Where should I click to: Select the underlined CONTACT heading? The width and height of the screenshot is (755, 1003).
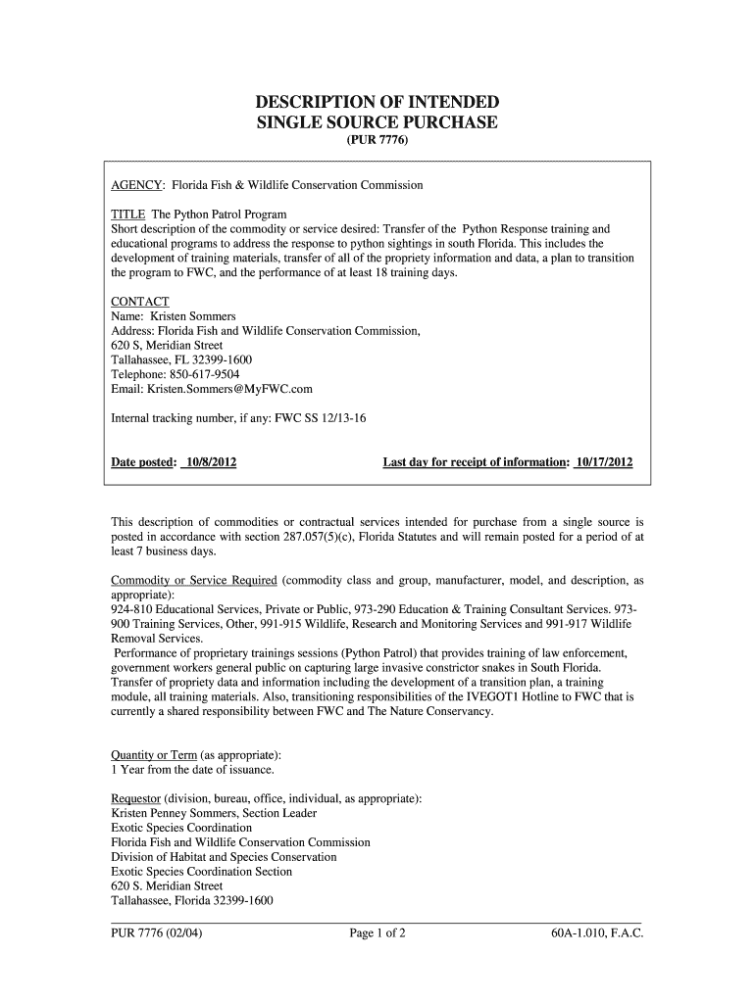pyautogui.click(x=140, y=302)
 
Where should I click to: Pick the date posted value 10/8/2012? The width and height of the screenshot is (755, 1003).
pyautogui.click(x=208, y=461)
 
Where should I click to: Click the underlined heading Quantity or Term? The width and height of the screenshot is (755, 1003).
pyautogui.click(x=154, y=755)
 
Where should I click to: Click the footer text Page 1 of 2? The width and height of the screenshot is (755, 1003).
pyautogui.click(x=377, y=933)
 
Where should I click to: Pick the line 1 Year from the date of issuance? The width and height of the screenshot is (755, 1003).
pyautogui.click(x=186, y=770)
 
